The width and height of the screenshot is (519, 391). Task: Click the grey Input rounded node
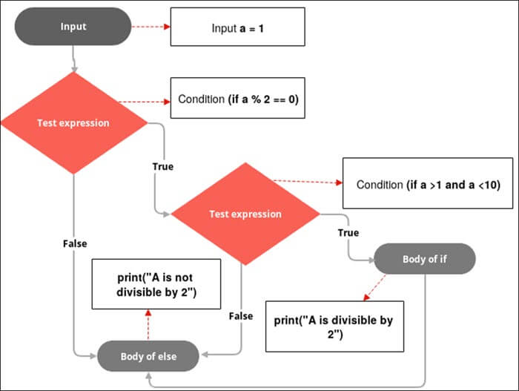coord(73,27)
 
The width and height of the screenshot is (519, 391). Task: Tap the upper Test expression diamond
coord(73,123)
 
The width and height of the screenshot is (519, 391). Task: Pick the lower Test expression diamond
coord(245,214)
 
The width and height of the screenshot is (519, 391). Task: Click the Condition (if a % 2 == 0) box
coord(238,99)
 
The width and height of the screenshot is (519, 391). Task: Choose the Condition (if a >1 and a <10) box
coord(428,183)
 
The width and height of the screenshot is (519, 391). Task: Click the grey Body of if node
coord(424,260)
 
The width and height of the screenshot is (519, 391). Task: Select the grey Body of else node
coord(148,357)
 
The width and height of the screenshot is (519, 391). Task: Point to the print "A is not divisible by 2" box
coord(156,284)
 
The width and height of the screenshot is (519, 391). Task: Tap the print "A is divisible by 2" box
coord(334,326)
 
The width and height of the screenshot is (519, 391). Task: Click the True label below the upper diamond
coord(162,166)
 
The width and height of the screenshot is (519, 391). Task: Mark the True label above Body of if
coord(348,232)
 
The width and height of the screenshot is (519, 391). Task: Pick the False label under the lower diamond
coord(240,315)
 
